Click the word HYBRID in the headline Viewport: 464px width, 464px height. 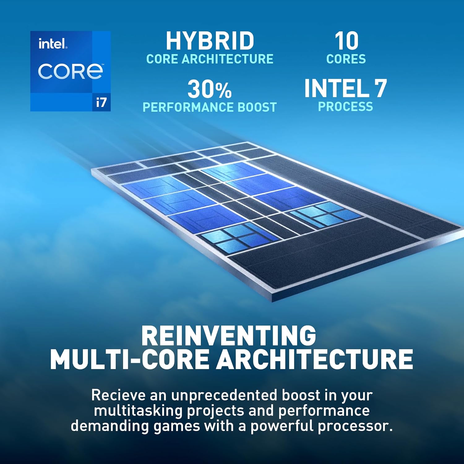coord(210,41)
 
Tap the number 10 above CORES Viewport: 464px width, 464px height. coord(346,41)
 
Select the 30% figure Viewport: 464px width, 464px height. coord(209,89)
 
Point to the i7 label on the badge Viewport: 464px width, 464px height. coord(101,102)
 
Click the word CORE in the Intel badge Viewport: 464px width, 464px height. coord(71,71)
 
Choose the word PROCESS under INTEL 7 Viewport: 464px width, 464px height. coord(346,107)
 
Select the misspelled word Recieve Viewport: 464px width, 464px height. coord(118,395)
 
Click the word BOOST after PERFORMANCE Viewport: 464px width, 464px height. coord(257,107)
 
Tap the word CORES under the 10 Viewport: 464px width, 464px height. coord(346,59)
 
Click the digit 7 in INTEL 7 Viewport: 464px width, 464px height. coord(380,89)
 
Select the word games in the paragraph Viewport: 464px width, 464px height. coord(177,426)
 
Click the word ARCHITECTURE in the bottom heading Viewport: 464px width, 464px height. coord(315,359)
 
